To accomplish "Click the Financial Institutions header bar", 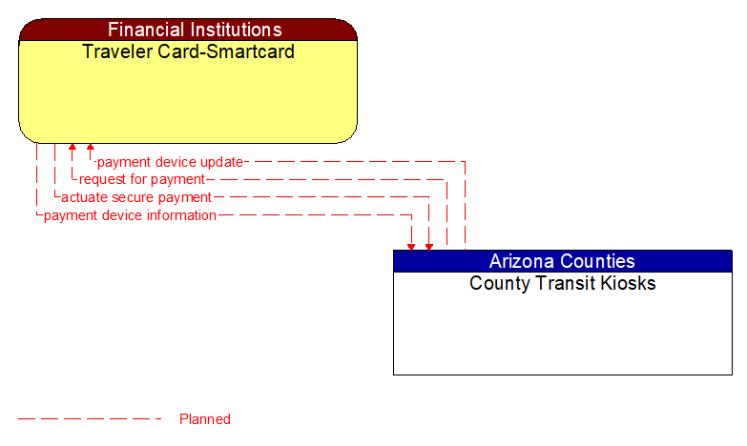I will pos(188,30).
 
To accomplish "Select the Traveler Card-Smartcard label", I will pos(188,51).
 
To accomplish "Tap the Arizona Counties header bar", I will pos(562,261).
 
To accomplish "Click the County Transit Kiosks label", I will pos(562,283).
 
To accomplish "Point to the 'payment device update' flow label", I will pos(170,162).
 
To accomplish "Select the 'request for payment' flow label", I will pos(141,179).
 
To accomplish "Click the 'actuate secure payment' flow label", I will pos(135,197).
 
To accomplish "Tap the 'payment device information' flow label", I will pos(130,215).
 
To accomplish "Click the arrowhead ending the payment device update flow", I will pos(90,149).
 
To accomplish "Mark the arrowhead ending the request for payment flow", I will pos(73,149).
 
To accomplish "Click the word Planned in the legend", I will pos(205,419).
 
